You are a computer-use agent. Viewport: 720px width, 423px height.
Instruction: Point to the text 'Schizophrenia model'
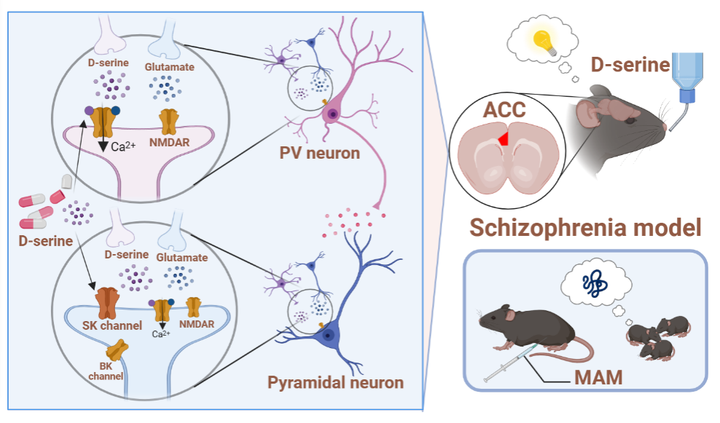click(585, 226)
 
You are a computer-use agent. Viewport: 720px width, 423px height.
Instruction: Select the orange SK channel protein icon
click(109, 300)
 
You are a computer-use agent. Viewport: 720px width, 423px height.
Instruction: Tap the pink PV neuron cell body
click(332, 113)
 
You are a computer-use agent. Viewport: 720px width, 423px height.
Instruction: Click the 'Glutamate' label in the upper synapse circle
click(168, 66)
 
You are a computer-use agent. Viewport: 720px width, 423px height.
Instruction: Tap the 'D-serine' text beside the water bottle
click(630, 66)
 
